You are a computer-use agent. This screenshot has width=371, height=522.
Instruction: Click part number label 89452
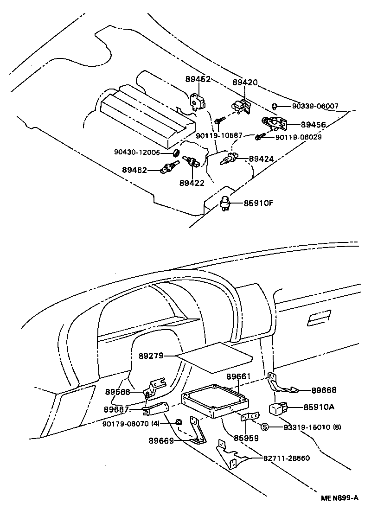tap(198, 79)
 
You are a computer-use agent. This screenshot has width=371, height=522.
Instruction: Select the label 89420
tap(245, 82)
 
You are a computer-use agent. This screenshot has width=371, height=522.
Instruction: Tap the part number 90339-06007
tap(315, 106)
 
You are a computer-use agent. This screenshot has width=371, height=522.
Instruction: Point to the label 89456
tap(313, 125)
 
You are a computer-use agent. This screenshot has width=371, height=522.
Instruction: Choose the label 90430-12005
tap(137, 152)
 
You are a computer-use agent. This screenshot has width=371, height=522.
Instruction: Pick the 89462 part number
tap(134, 170)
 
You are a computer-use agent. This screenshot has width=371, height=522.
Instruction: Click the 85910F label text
tap(258, 203)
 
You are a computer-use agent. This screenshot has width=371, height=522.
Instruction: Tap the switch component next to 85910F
tap(225, 203)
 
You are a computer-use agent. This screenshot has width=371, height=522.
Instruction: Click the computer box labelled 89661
tap(215, 401)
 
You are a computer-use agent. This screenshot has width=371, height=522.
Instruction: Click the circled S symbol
tap(264, 427)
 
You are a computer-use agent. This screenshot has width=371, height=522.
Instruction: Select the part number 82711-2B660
tap(287, 458)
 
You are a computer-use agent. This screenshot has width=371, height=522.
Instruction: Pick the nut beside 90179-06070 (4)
tap(179, 422)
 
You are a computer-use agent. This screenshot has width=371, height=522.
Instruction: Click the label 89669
tap(161, 441)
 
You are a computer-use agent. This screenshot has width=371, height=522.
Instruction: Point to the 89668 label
tap(324, 390)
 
